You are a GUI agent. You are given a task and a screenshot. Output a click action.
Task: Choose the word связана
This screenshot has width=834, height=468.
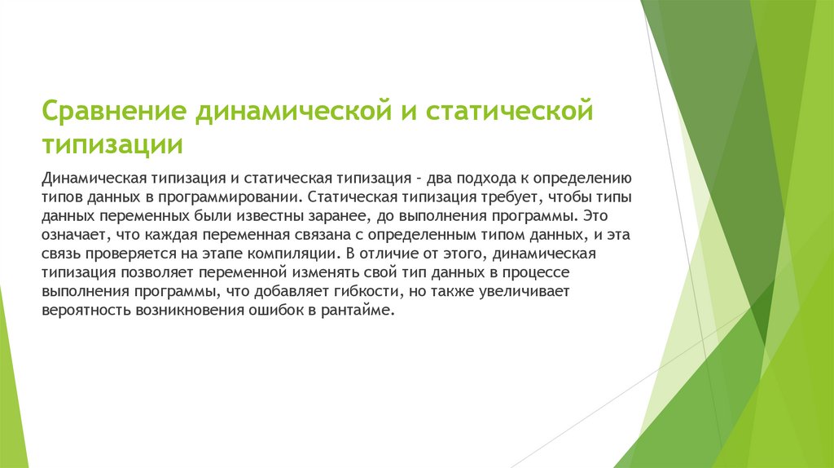pos(299,236)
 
